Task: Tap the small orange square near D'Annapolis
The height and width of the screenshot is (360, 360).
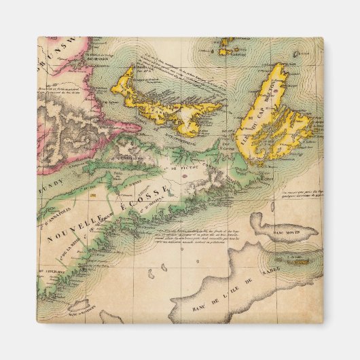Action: (x=95, y=196)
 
